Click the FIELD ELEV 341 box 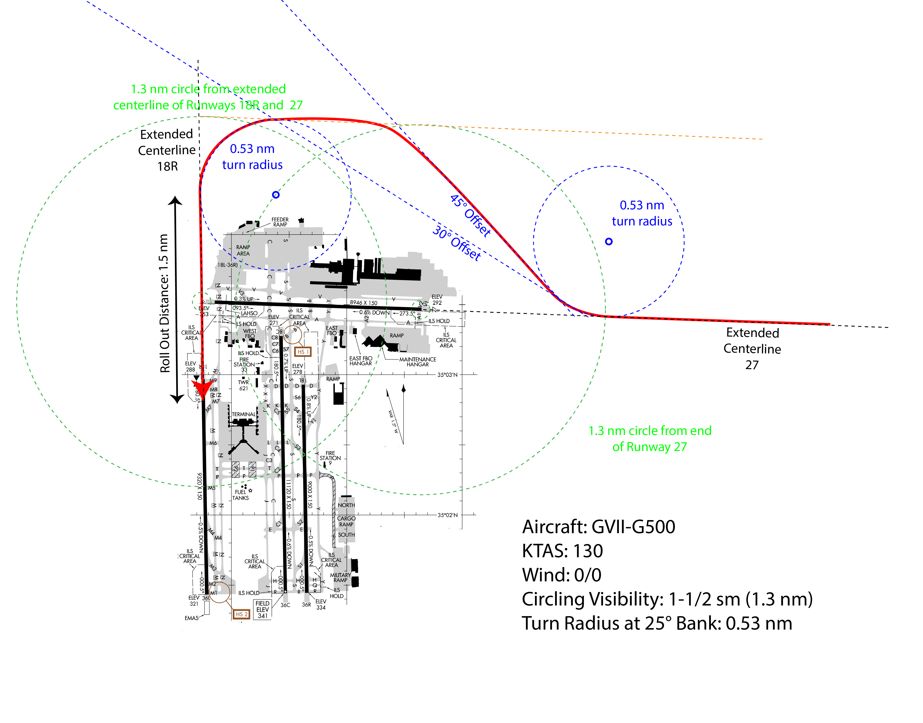pyautogui.click(x=262, y=609)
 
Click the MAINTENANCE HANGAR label pyautogui.click(x=418, y=362)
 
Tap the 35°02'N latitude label pyautogui.click(x=447, y=515)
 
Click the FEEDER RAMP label pyautogui.click(x=280, y=222)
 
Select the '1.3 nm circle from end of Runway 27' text pyautogui.click(x=650, y=439)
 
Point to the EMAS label pyautogui.click(x=191, y=618)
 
